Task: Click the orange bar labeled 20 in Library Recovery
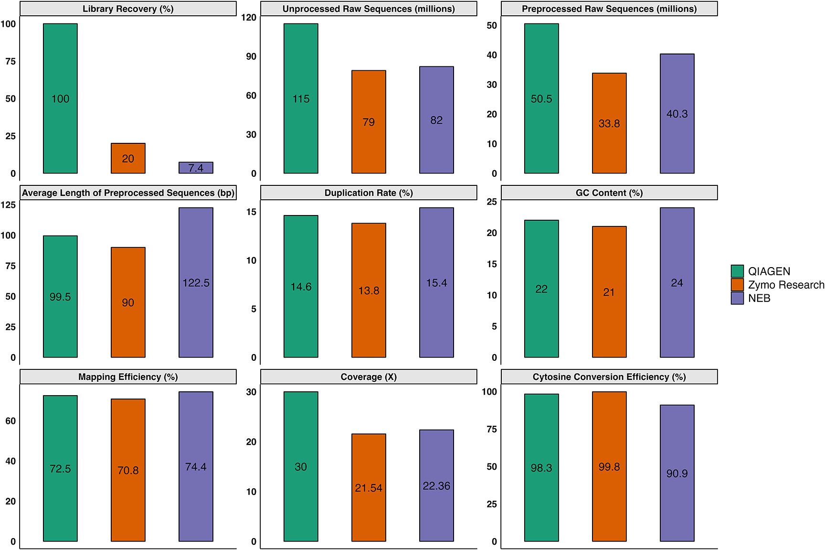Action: pos(128,158)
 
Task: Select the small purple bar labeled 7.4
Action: pos(196,168)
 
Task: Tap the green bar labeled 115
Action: pos(301,98)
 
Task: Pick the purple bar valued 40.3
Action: pos(677,114)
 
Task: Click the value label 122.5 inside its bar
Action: pos(196,283)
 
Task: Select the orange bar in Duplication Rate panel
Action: pos(369,290)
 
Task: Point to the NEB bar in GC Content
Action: pos(677,282)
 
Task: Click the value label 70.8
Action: pos(128,471)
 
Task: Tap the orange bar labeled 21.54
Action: pos(369,487)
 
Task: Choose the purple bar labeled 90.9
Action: pos(677,473)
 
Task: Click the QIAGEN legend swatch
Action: pos(737,271)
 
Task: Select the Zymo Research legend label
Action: pos(786,285)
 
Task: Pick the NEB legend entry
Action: pos(759,298)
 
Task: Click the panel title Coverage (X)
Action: pos(369,377)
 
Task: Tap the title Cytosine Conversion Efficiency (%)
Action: pos(609,377)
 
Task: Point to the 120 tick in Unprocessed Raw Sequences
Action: pos(249,17)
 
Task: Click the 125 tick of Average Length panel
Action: pos(8,205)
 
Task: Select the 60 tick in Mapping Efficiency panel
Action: pos(11,421)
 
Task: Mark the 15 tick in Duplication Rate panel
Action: pos(251,212)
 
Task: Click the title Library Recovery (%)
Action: pos(128,9)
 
